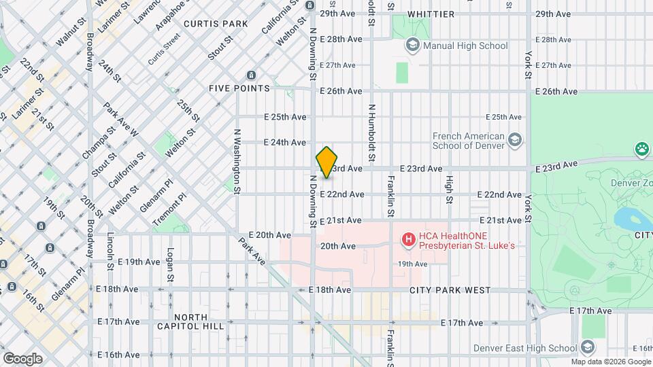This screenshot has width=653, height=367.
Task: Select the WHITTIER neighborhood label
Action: [431, 14]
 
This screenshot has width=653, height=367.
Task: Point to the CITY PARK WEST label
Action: [450, 290]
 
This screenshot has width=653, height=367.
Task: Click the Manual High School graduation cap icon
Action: [412, 46]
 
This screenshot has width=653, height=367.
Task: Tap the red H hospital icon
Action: [408, 239]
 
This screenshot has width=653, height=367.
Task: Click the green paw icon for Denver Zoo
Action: [641, 148]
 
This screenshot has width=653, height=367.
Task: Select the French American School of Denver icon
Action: [515, 140]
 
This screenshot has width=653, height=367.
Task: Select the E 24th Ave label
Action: [285, 142]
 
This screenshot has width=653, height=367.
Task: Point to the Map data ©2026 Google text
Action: [610, 362]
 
